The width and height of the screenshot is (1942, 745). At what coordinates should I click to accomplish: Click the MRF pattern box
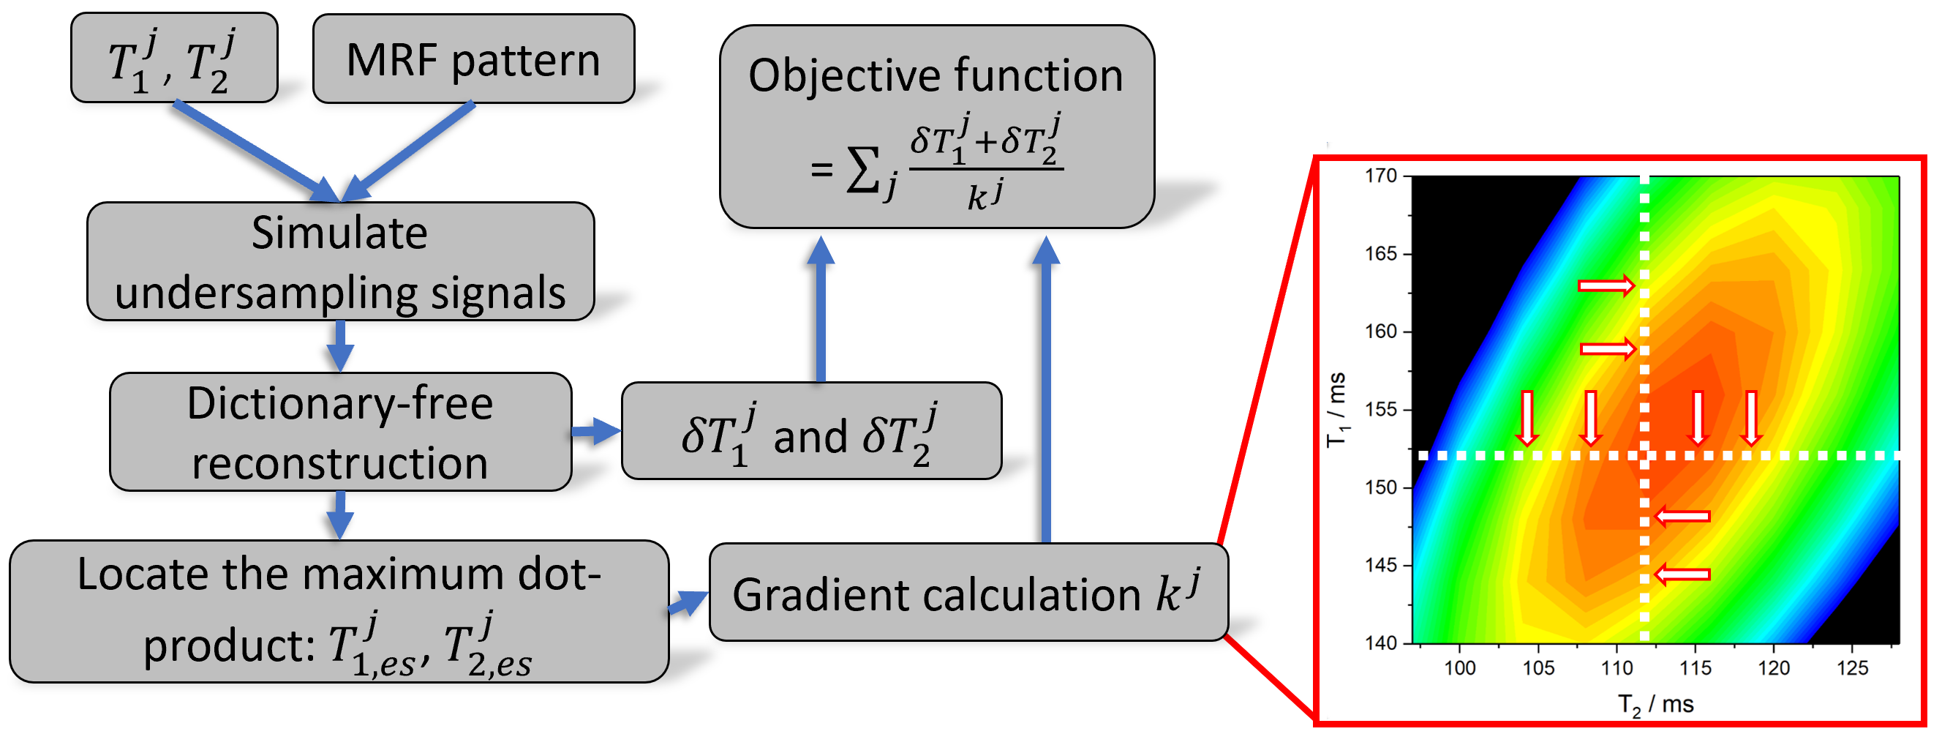(x=473, y=59)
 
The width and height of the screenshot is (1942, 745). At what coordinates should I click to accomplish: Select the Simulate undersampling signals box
(x=340, y=261)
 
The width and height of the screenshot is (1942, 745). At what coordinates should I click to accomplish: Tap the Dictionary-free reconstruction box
(x=340, y=432)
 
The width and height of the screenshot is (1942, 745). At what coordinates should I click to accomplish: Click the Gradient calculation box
(x=968, y=593)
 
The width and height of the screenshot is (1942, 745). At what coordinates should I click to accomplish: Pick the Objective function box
(x=936, y=127)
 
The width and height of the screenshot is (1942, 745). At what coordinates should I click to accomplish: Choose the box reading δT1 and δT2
(x=811, y=431)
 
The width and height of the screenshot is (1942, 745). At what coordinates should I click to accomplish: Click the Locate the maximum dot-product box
(x=339, y=612)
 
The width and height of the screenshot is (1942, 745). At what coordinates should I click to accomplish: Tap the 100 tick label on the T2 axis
(x=1459, y=668)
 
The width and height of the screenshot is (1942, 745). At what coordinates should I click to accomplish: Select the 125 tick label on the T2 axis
(x=1852, y=668)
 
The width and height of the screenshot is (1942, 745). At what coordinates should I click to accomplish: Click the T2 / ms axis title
(x=1655, y=704)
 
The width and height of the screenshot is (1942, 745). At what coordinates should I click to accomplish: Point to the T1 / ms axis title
(x=1336, y=409)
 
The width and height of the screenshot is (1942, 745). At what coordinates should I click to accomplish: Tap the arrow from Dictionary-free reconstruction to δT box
(x=596, y=431)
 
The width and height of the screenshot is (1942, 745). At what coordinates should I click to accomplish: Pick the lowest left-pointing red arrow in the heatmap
(x=1682, y=574)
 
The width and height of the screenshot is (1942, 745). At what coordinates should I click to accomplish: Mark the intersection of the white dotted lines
(x=1645, y=455)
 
